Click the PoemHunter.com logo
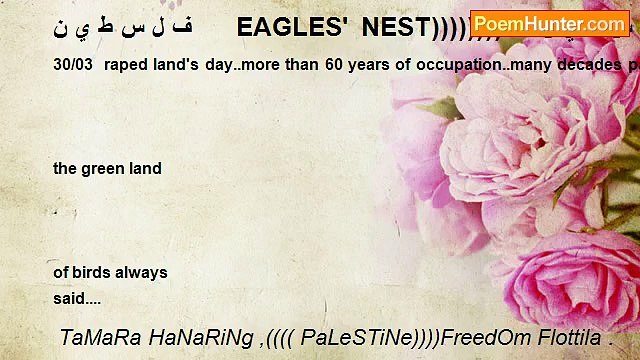point(549,23)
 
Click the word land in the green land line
point(144,169)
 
